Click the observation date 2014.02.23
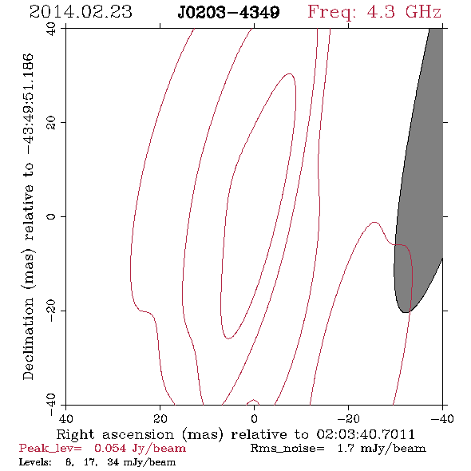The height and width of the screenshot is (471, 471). (81, 12)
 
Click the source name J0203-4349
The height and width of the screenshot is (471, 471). (228, 13)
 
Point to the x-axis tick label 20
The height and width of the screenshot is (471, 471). (160, 419)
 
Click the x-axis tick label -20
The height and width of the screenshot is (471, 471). (348, 419)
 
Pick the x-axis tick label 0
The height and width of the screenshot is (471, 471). (254, 419)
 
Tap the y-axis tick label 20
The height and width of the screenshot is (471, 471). (51, 123)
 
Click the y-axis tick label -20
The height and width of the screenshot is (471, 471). (51, 311)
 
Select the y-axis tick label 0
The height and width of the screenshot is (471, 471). (51, 216)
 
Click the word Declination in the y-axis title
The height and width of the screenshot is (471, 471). (28, 338)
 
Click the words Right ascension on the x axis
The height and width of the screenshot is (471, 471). (115, 434)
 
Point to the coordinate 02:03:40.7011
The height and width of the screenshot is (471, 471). (366, 434)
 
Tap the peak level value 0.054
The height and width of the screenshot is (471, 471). (110, 449)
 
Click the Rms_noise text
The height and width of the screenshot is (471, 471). (287, 449)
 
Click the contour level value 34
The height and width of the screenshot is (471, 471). (113, 462)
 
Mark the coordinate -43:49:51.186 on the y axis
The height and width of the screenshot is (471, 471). (28, 105)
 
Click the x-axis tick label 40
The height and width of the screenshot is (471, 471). (65, 419)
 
